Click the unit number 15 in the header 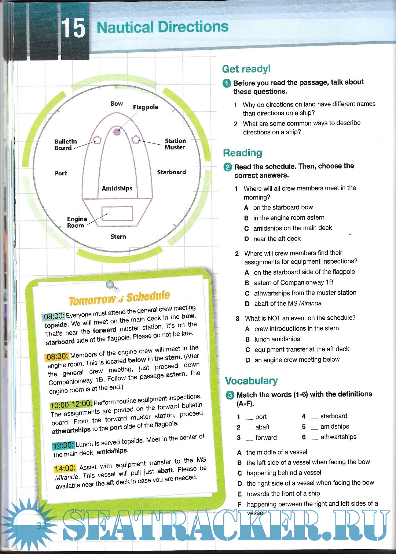[x=73, y=28]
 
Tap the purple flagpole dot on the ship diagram [x=117, y=132]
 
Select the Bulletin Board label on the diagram [x=65, y=145]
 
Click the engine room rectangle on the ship [x=117, y=213]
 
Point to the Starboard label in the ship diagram [x=171, y=172]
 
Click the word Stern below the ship [x=118, y=237]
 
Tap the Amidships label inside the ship [x=117, y=188]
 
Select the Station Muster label [x=175, y=144]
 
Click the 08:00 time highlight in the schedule [x=54, y=316]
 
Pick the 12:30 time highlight [x=63, y=445]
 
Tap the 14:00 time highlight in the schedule [x=65, y=468]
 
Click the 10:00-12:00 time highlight [x=71, y=405]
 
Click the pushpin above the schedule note [x=110, y=285]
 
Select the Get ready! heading [x=246, y=69]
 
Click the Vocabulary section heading [x=251, y=381]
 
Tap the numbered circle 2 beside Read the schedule [x=228, y=167]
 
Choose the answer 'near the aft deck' [x=277, y=239]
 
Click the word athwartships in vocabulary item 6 [x=338, y=437]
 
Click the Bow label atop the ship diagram [x=117, y=104]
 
